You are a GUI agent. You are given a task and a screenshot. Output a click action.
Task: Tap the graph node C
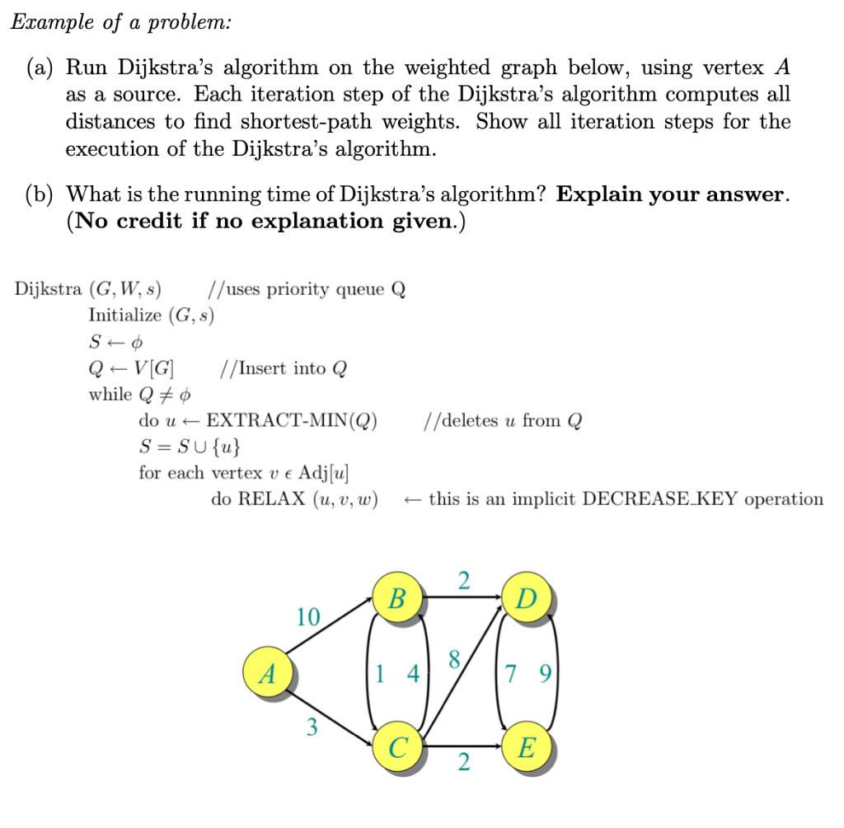(398, 748)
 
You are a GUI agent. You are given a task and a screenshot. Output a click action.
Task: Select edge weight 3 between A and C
(311, 727)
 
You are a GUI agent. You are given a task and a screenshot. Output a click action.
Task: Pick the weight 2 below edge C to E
(463, 764)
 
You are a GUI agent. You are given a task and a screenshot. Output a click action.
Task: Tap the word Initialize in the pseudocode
(124, 315)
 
